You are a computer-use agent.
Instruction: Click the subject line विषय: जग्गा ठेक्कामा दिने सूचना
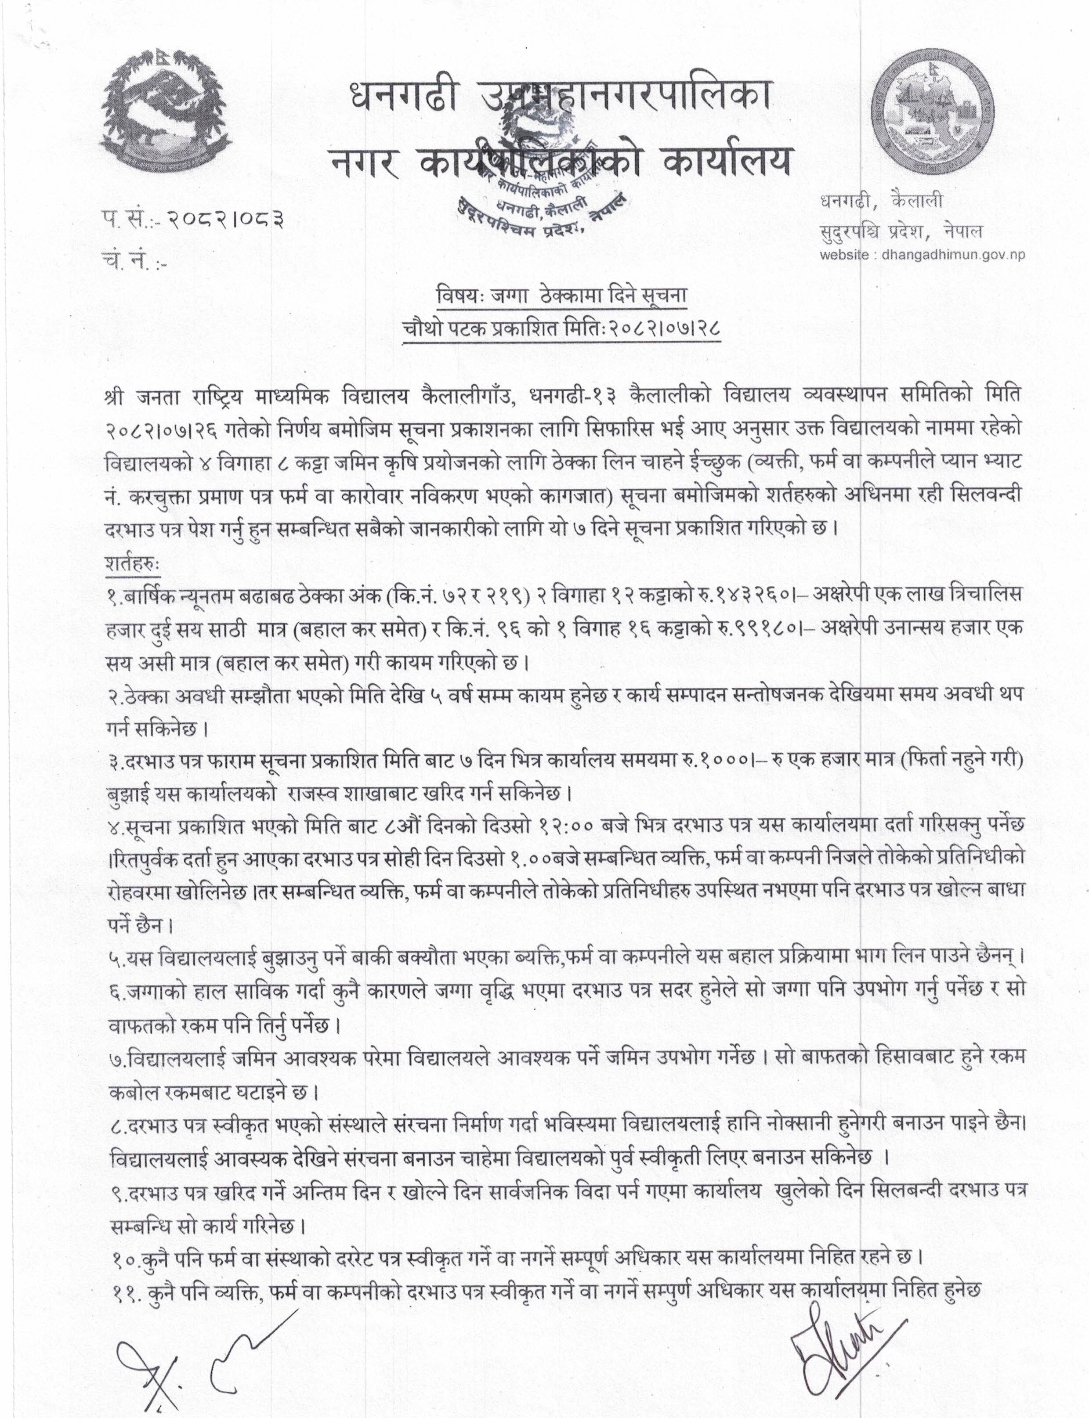click(561, 295)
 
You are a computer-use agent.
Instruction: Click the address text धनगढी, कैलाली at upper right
click(880, 202)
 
